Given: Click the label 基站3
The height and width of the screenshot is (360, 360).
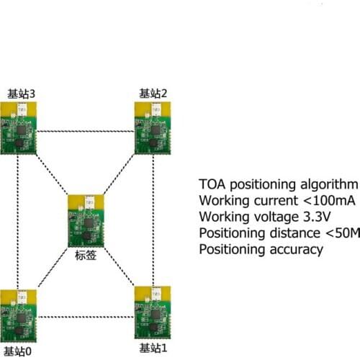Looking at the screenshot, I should (20, 93).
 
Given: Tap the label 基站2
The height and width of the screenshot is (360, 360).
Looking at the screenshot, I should (153, 93).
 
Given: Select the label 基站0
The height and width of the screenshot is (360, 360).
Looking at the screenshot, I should (17, 351).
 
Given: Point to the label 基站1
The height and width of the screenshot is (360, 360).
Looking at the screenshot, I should (153, 348).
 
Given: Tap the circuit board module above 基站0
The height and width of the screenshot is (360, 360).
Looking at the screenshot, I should (17, 316).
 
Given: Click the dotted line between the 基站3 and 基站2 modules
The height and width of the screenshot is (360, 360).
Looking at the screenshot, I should (86, 131).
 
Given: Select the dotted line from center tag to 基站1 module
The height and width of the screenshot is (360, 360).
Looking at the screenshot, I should (120, 269).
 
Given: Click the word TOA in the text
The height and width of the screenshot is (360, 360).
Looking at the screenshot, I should (212, 183).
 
